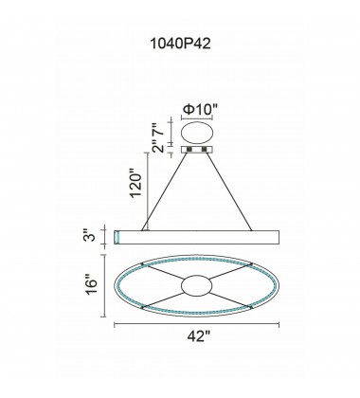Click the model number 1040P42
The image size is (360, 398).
pyautogui.click(x=180, y=44)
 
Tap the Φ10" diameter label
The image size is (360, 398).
pyautogui.click(x=201, y=109)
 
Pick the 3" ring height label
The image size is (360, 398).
pyautogui.click(x=90, y=236)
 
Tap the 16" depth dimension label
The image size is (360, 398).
pyautogui.click(x=92, y=286)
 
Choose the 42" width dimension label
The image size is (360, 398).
pyautogui.click(x=199, y=336)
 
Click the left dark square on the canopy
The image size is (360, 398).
pyautogui.click(x=189, y=149)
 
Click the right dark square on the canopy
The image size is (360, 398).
pyautogui.click(x=205, y=149)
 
